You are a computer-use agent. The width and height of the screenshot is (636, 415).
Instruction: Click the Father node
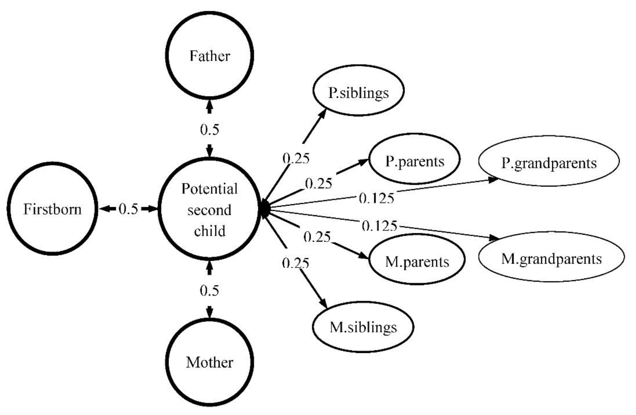(210, 56)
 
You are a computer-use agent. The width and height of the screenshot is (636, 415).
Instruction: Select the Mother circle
(210, 362)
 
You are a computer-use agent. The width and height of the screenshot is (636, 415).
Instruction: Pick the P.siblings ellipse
(358, 91)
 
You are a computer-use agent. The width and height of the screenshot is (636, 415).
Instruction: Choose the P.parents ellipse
(415, 159)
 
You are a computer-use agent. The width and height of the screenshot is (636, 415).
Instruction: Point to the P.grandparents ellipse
(549, 161)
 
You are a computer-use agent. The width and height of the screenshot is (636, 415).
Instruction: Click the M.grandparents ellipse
(551, 257)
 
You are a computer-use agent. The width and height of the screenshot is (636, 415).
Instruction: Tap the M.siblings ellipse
(363, 327)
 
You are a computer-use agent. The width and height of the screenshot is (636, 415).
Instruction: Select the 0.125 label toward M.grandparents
(379, 226)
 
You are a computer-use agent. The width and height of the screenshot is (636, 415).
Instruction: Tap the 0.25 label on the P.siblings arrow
(296, 158)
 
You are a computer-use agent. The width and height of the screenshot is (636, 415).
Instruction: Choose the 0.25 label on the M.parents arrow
(317, 237)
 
